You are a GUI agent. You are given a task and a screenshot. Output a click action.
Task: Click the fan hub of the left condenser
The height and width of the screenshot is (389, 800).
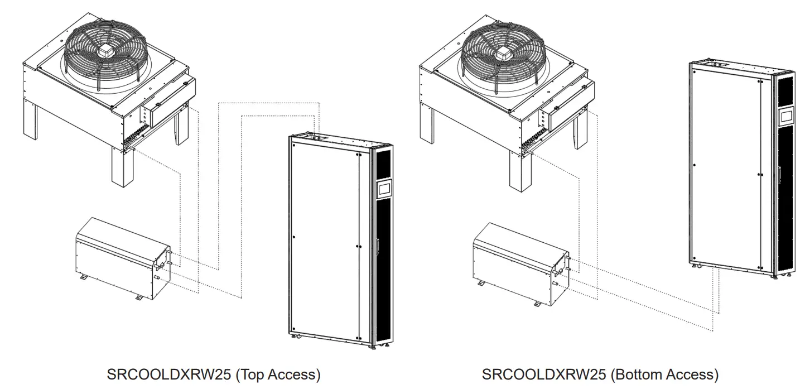(105, 50)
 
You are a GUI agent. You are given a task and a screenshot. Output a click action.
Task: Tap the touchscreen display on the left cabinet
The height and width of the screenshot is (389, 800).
(384, 189)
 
